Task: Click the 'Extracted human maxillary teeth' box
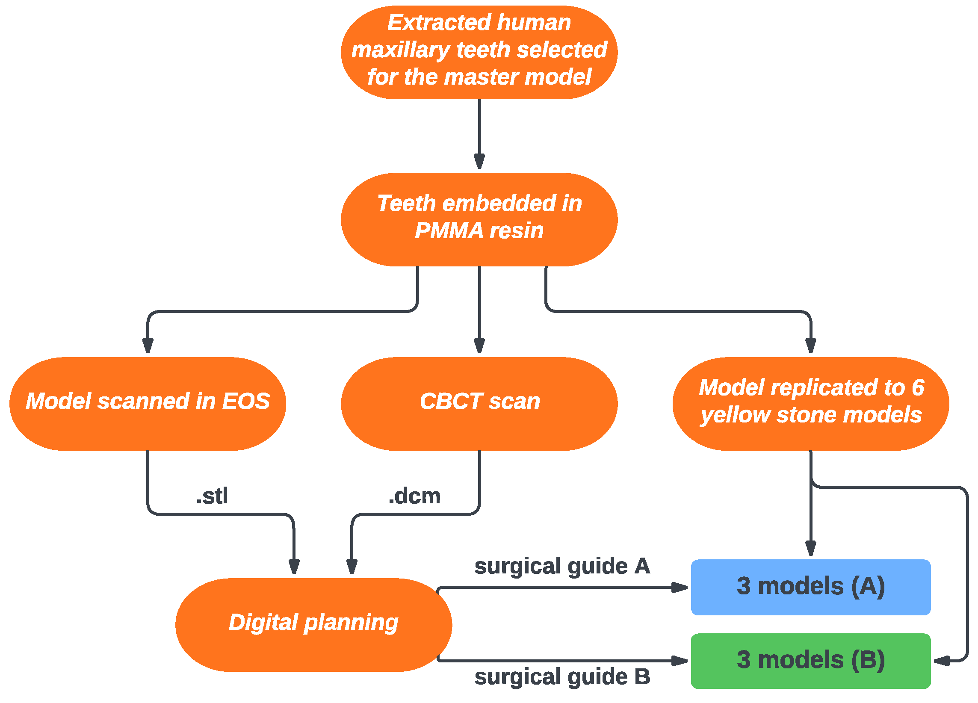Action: (479, 52)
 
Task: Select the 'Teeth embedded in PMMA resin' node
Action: (479, 219)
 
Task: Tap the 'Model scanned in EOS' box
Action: (148, 404)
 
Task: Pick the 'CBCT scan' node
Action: (479, 404)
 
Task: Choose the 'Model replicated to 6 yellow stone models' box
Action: (811, 404)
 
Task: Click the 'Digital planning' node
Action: (313, 625)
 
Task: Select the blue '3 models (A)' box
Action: (811, 588)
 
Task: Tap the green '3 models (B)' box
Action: (811, 661)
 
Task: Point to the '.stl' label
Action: (212, 496)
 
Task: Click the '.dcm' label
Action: (414, 496)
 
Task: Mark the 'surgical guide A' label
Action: (562, 566)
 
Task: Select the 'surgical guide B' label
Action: (562, 676)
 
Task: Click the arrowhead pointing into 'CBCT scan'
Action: (479, 346)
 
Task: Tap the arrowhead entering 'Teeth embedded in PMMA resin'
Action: (479, 162)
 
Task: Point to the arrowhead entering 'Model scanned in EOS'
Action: (148, 346)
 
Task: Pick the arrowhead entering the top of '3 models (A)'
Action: (811, 549)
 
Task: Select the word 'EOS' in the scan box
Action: (246, 401)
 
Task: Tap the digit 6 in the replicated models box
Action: (918, 387)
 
